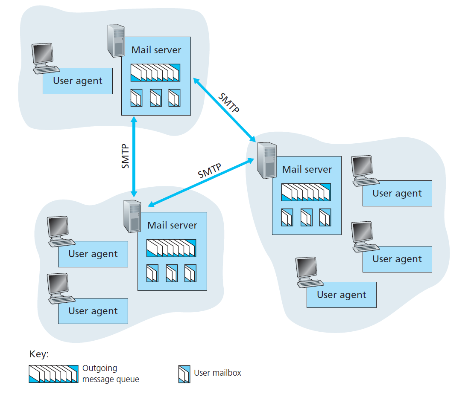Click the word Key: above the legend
[39, 354]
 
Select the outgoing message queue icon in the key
[54, 374]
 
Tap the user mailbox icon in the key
[184, 374]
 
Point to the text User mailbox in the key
[217, 373]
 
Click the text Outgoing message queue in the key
[110, 374]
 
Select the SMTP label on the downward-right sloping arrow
[228, 102]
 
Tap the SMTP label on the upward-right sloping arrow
[210, 171]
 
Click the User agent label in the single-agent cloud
[78, 81]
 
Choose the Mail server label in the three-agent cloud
[307, 169]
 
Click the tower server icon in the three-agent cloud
[266, 161]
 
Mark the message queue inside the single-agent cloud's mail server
[155, 72]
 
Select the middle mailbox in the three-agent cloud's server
[306, 217]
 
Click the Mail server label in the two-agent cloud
[172, 225]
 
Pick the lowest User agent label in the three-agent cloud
[341, 295]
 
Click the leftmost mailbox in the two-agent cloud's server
[152, 273]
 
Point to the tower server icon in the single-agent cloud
[115, 41]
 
